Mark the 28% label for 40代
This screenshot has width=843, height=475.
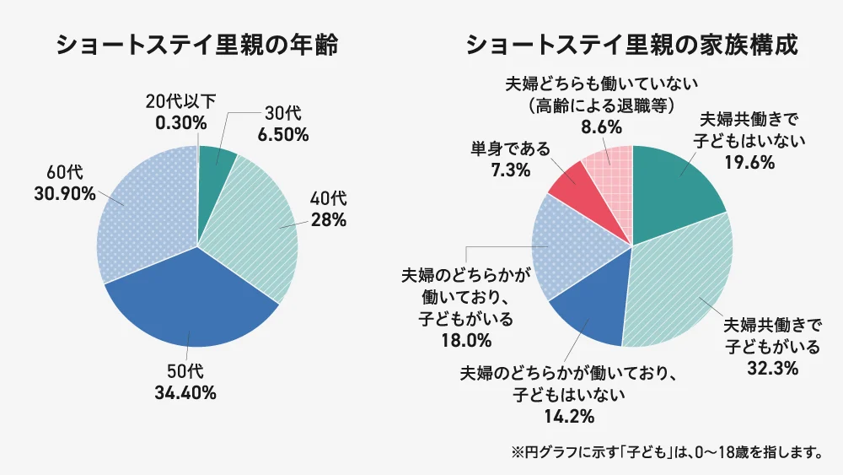tap(329, 221)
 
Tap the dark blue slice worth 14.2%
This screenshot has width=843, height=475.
tap(590, 312)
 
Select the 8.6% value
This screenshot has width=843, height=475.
tap(600, 128)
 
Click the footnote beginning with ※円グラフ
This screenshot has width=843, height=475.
tap(666, 452)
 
